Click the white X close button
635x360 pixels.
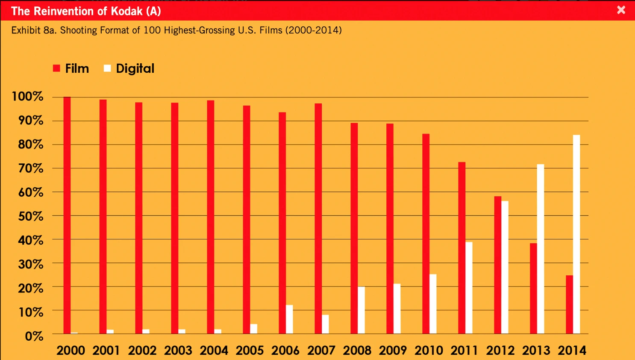pyautogui.click(x=621, y=10)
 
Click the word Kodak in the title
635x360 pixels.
pyautogui.click(x=126, y=11)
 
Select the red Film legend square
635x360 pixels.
pyautogui.click(x=56, y=68)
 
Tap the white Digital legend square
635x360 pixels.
pyautogui.click(x=107, y=68)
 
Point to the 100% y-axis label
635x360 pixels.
pyautogui.click(x=28, y=96)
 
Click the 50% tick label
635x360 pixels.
pyautogui.click(x=31, y=216)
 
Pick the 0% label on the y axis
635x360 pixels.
pyautogui.click(x=34, y=336)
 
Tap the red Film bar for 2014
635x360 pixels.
pyautogui.click(x=569, y=304)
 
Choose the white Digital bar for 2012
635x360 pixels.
pyautogui.click(x=505, y=267)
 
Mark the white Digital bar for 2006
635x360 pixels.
pyautogui.click(x=289, y=319)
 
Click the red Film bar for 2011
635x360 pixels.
pyautogui.click(x=462, y=248)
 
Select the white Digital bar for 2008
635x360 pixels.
pyautogui.click(x=361, y=310)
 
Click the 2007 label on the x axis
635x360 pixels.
pyautogui.click(x=321, y=350)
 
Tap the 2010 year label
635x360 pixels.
pyautogui.click(x=429, y=350)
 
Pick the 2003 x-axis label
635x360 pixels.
pyautogui.click(x=178, y=350)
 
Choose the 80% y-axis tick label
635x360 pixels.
pyautogui.click(x=31, y=144)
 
